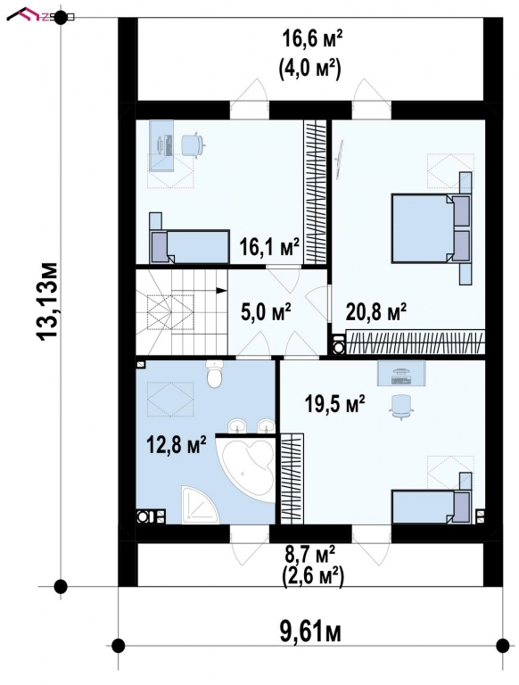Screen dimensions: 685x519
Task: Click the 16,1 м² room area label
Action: click(x=268, y=247)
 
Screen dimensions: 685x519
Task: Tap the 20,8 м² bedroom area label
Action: click(x=377, y=311)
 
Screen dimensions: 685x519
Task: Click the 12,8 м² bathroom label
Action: click(x=177, y=443)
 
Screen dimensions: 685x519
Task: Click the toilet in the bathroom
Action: click(x=214, y=376)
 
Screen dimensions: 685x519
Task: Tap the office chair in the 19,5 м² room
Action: click(x=403, y=405)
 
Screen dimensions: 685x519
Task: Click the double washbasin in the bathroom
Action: click(x=249, y=425)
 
